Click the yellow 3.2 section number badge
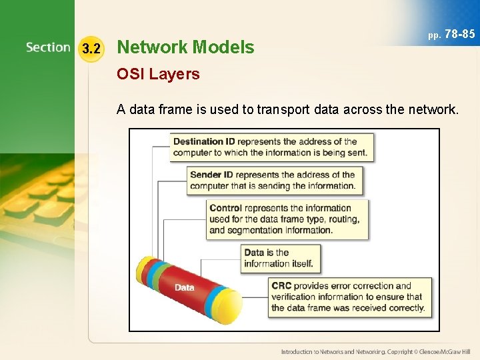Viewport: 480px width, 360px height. (91, 48)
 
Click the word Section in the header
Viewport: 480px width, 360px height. (48, 47)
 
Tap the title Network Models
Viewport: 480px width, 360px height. (185, 47)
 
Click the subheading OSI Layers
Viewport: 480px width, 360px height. (158, 74)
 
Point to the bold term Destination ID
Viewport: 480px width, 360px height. (204, 141)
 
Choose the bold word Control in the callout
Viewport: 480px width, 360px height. (225, 208)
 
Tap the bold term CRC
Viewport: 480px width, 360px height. (283, 286)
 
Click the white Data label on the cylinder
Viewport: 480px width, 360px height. (185, 287)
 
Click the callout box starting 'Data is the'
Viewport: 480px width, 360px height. (281, 258)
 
